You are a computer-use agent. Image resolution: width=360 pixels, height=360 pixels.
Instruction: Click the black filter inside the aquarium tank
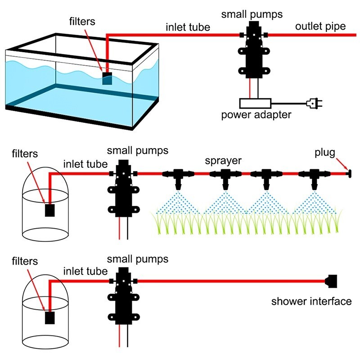(x=107, y=79)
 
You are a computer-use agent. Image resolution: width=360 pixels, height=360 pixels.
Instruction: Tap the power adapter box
(x=254, y=103)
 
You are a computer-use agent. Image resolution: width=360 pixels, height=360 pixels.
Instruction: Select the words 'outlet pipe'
(x=320, y=27)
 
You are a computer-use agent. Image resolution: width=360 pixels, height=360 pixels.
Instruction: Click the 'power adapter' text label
(x=256, y=115)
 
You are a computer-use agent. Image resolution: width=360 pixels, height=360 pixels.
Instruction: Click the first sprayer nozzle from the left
(x=179, y=176)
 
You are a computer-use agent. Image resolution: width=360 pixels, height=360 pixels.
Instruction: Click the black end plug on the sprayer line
(x=348, y=173)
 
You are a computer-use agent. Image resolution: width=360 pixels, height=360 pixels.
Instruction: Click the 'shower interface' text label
(x=311, y=301)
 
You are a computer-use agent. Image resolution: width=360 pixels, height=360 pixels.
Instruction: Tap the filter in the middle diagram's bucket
(x=50, y=210)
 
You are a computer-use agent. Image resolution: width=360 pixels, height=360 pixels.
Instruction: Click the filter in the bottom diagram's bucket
(x=50, y=318)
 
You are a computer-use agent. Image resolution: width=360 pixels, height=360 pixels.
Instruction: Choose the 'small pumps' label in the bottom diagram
(x=138, y=260)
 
